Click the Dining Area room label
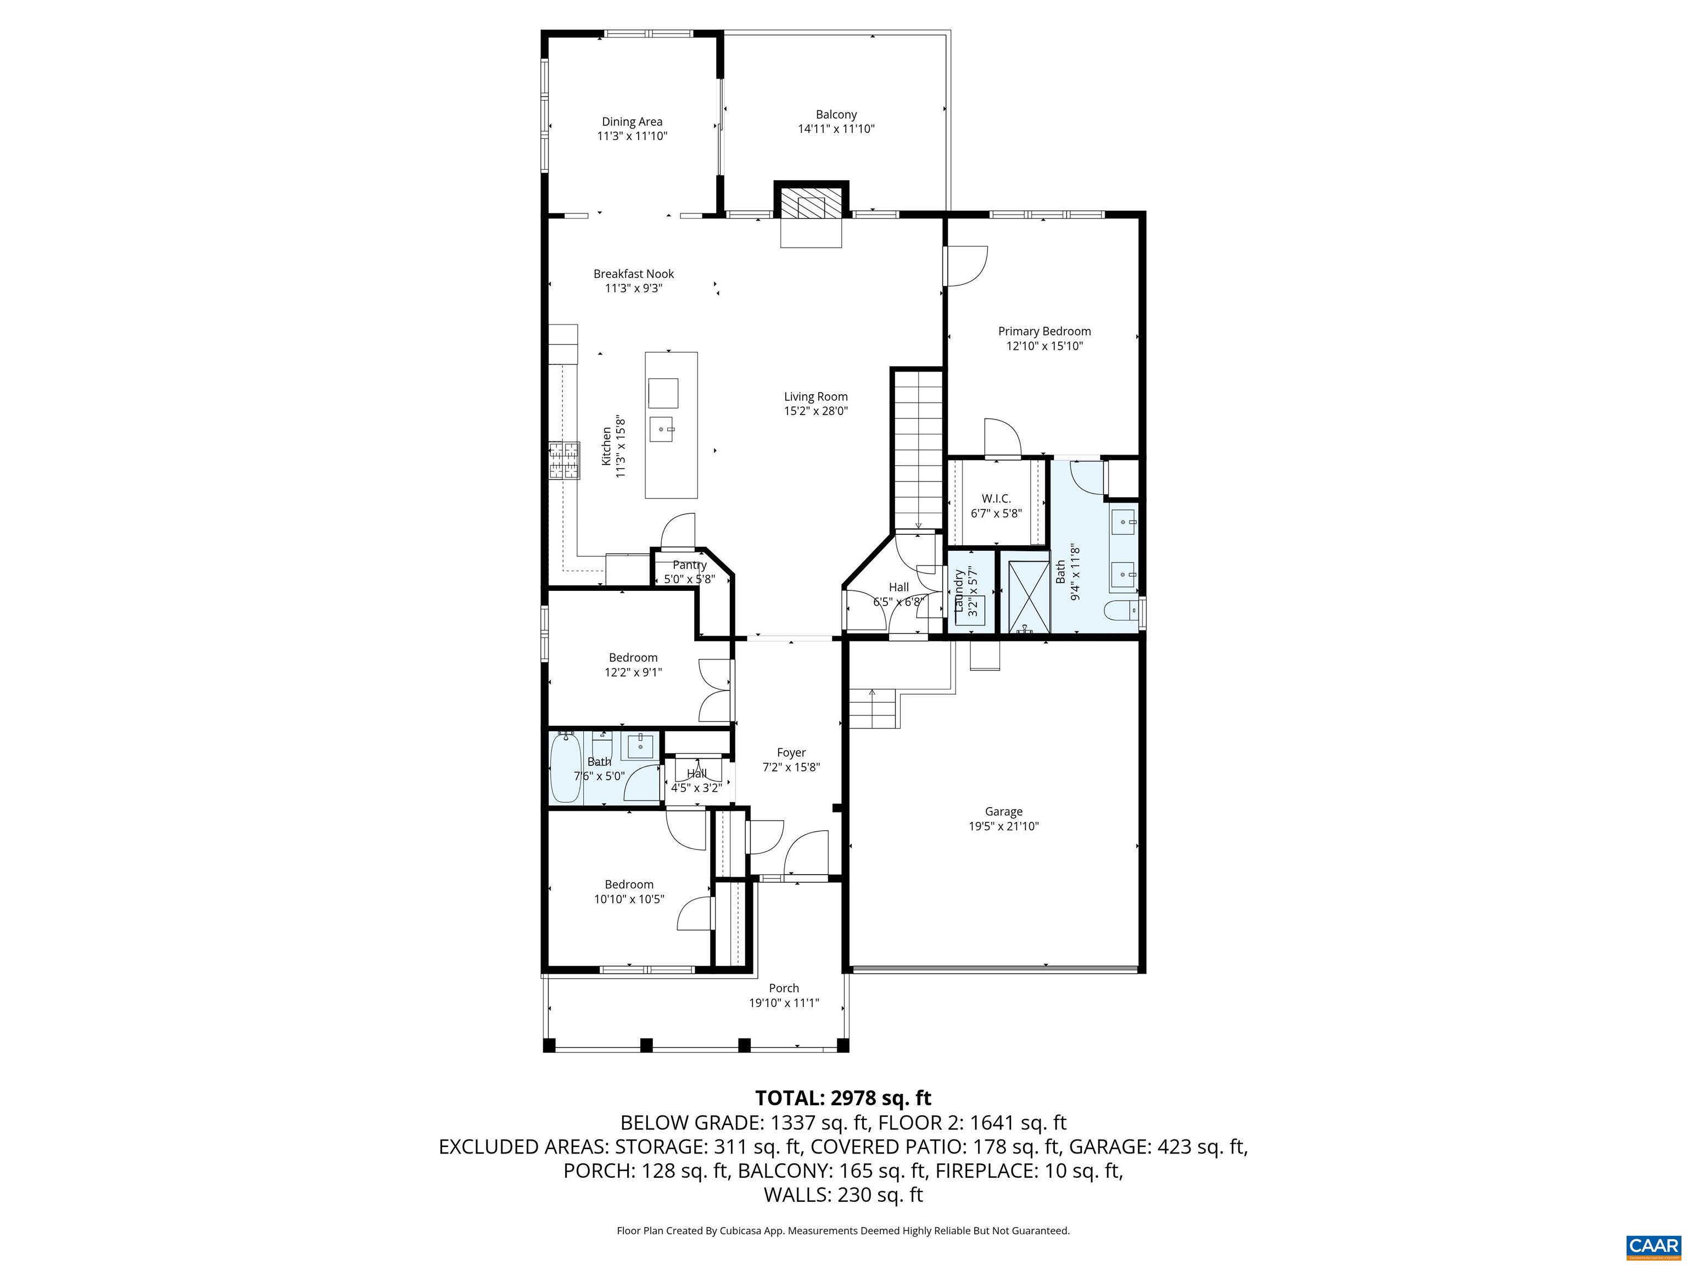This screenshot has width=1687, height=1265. click(632, 122)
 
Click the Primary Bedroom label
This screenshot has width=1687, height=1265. click(1044, 331)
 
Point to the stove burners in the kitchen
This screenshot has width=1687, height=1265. click(563, 461)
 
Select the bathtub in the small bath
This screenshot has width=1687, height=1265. click(566, 768)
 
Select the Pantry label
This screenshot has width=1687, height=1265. click(689, 565)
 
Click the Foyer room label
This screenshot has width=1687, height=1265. click(791, 753)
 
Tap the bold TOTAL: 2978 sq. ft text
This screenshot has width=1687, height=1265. click(843, 1098)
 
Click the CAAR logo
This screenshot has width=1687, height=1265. click(1653, 1245)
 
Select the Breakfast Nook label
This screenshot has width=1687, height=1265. click(634, 274)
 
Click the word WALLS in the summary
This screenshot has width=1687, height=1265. click(797, 1195)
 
